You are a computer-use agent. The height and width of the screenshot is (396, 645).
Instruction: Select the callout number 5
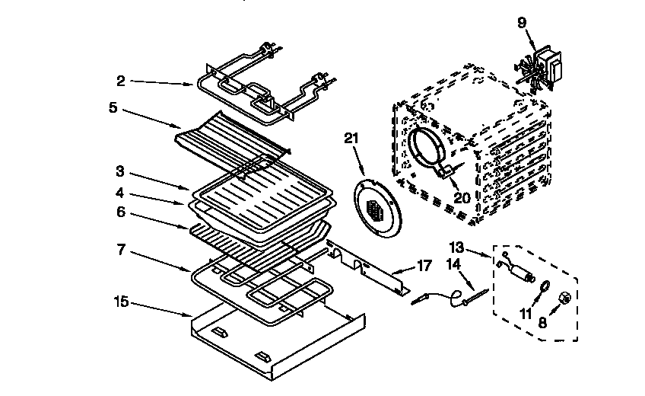(x=113, y=107)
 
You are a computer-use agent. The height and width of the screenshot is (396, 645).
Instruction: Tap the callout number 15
(x=121, y=302)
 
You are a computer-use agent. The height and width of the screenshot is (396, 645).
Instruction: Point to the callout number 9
(x=521, y=23)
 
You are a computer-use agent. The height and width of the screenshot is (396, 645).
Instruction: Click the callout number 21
(x=350, y=137)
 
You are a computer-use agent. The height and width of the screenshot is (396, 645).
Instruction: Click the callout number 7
(x=121, y=249)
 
